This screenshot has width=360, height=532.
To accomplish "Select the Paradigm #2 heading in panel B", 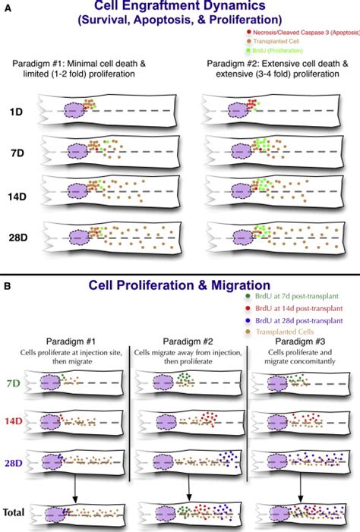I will [x=186, y=344].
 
